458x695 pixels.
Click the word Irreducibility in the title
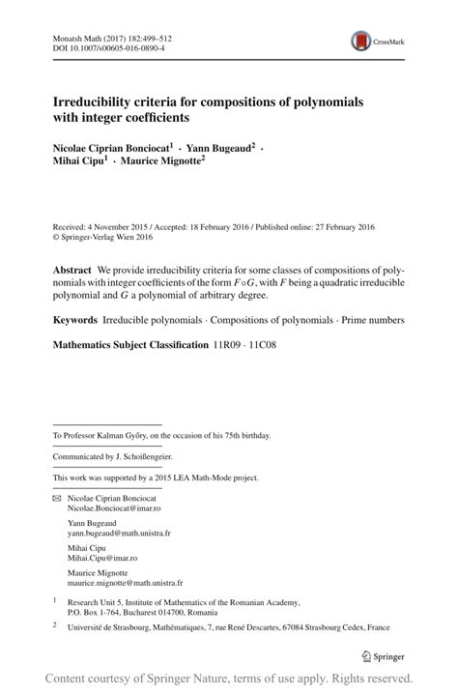click(x=96, y=101)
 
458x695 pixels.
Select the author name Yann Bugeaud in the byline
click(x=219, y=148)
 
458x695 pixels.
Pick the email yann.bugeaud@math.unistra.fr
click(x=119, y=533)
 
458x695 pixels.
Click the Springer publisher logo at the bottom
click(x=383, y=656)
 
